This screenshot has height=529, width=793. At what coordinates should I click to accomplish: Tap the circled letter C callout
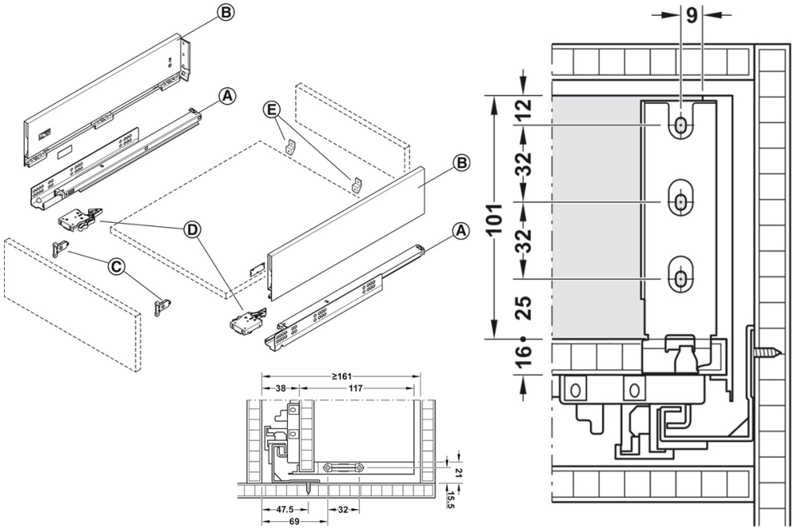(x=117, y=267)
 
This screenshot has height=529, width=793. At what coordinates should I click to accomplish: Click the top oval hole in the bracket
(x=680, y=126)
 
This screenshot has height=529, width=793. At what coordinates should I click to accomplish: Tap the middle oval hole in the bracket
(x=680, y=202)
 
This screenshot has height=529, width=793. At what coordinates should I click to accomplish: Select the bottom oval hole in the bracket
(x=680, y=278)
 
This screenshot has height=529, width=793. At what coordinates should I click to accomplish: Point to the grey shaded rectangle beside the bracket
(x=595, y=214)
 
